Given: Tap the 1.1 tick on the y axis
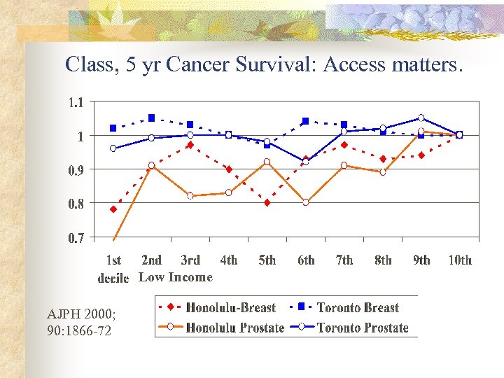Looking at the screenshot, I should coord(76,102).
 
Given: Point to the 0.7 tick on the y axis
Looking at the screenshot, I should coord(76,239).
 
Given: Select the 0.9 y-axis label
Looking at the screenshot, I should coord(76,170).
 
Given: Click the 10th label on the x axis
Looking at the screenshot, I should coord(460,260).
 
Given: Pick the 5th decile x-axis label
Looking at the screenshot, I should coord(267,260).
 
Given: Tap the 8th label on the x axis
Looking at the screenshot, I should coord(383,260).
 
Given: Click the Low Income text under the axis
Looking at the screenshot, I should coord(176,277).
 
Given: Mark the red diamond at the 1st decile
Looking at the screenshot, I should coord(113,209).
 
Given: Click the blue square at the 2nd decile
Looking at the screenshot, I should coord(152,118).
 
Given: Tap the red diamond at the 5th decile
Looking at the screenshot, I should coord(267,203).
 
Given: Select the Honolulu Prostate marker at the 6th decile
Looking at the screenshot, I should coord(306,202).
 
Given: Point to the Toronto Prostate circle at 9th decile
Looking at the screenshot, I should coord(421,118).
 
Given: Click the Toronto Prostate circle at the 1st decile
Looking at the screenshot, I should coord(113,148).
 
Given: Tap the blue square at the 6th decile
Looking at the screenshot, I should coord(306,121).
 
